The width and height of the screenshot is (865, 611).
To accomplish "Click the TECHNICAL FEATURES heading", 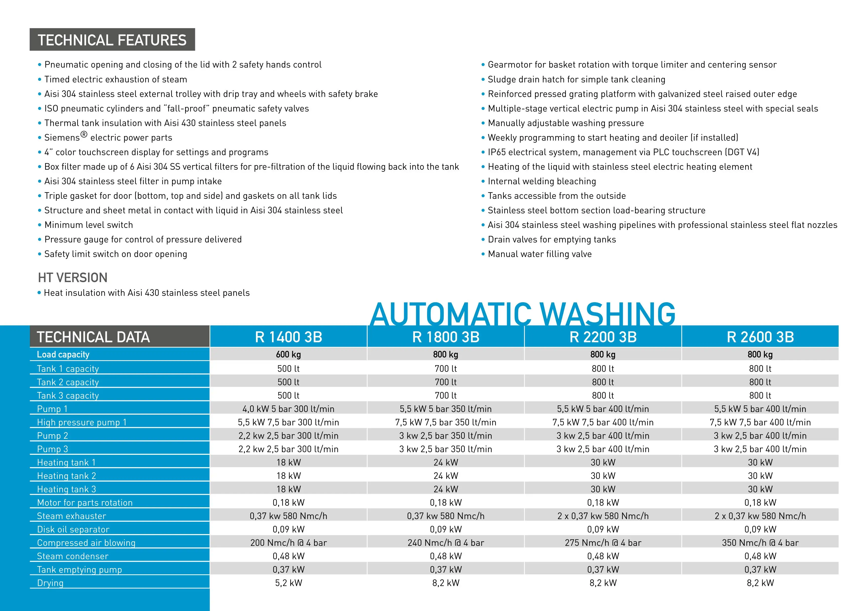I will [112, 40].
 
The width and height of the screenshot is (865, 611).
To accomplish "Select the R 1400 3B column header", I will [288, 337].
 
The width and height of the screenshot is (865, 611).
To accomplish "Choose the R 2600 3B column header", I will [760, 337].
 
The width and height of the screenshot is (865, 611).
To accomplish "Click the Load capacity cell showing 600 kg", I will [288, 354].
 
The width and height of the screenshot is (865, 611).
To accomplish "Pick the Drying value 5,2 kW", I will [288, 583].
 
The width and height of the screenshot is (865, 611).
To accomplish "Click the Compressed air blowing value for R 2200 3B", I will [603, 543].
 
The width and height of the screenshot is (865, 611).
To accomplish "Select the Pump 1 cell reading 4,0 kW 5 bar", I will [288, 409].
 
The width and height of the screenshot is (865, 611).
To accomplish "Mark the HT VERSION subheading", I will [73, 277].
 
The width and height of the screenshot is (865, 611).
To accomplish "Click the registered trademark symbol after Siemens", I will [84, 135].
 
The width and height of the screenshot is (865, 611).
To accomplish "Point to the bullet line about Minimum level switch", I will [89, 225].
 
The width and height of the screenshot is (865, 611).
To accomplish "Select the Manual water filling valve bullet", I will [540, 254].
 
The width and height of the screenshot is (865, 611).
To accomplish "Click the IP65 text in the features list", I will [497, 152].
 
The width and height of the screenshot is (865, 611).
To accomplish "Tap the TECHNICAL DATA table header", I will [93, 337].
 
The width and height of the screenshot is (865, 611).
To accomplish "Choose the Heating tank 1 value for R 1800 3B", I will [446, 462].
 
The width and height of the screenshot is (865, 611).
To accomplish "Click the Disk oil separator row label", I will [73, 529].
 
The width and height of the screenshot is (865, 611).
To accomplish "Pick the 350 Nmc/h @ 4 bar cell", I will [760, 543].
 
